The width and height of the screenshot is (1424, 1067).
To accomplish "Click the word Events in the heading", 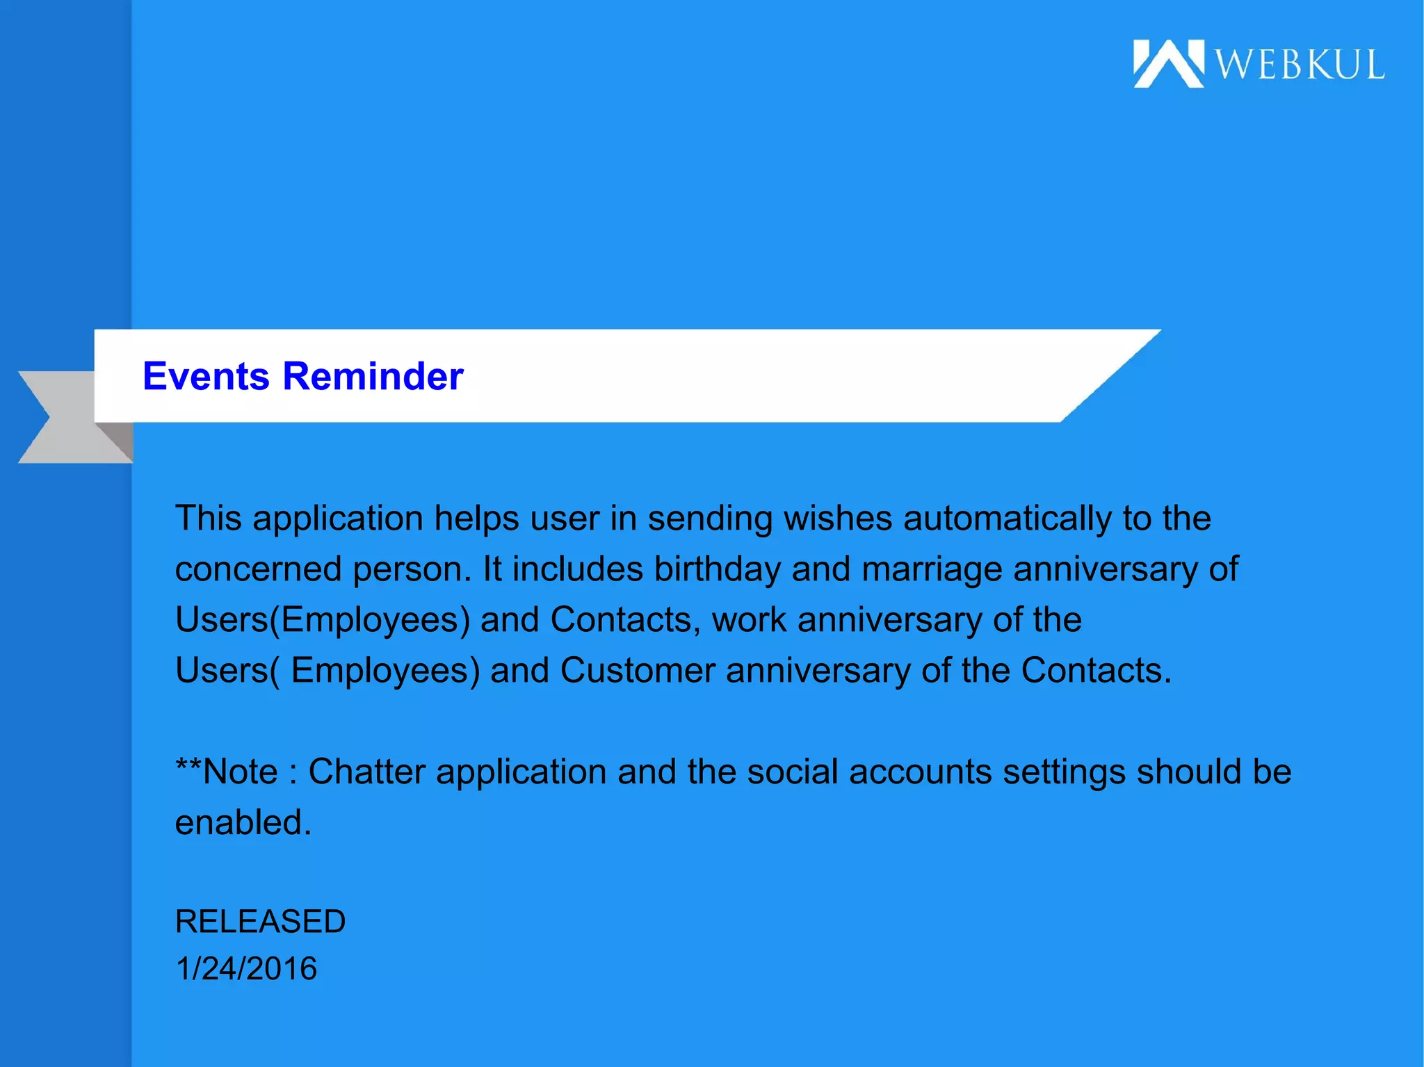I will pos(206,376).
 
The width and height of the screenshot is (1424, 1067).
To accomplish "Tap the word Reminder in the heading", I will pos(373,376).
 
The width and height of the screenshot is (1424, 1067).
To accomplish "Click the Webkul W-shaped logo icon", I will pos(1168,64).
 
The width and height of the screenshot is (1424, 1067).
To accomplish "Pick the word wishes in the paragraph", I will pos(838,519).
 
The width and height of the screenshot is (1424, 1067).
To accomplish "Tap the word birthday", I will pos(718,569).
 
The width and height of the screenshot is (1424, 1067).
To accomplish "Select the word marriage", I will pos(932,569).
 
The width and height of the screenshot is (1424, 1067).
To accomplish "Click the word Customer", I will pos(638,671).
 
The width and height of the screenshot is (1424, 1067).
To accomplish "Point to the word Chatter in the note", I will pos(366,772).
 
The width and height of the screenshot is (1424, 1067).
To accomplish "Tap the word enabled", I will pos(243,823).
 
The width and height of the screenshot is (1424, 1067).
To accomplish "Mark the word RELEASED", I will pos(260,922).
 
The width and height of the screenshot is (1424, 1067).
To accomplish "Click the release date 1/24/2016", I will pos(246,969).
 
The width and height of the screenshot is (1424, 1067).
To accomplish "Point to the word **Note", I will pos(227,772).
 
